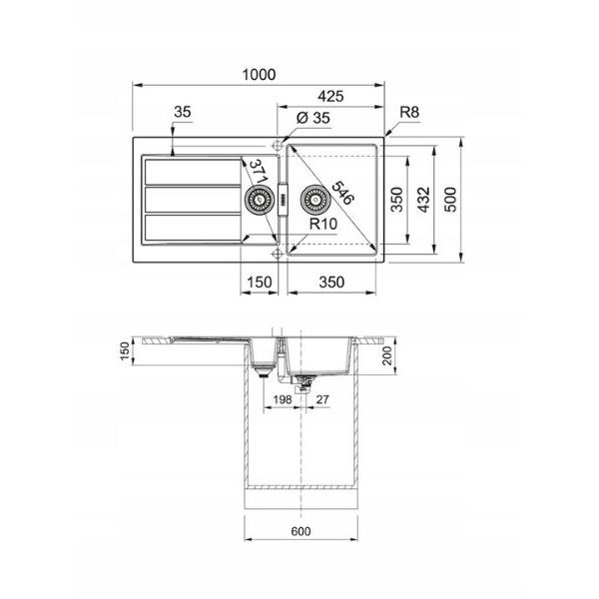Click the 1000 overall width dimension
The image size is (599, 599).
click(259, 75)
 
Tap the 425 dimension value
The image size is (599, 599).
click(330, 96)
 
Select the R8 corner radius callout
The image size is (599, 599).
click(409, 112)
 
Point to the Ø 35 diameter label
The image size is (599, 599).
click(313, 118)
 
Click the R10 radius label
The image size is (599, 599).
click(323, 224)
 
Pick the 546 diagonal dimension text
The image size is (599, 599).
click(342, 193)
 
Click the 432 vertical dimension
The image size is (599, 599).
click(423, 200)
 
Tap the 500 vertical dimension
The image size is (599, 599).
click(451, 200)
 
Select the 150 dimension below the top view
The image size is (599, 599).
click(260, 283)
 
